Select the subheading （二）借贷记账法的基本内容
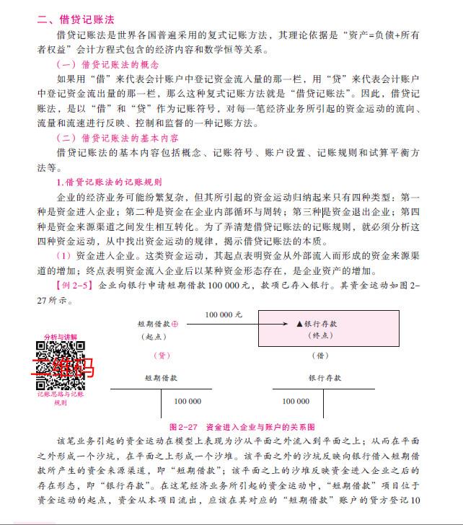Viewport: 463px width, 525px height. click(x=113, y=138)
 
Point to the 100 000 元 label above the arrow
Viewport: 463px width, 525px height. click(x=224, y=315)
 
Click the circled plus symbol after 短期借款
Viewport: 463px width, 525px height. click(x=175, y=325)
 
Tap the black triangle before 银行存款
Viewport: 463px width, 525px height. click(x=298, y=325)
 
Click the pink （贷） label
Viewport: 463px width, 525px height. click(x=163, y=355)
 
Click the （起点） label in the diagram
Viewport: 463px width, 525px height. click(x=152, y=336)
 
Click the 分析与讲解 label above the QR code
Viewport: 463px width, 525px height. click(x=60, y=337)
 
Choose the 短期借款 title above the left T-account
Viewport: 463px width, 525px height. click(x=160, y=377)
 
